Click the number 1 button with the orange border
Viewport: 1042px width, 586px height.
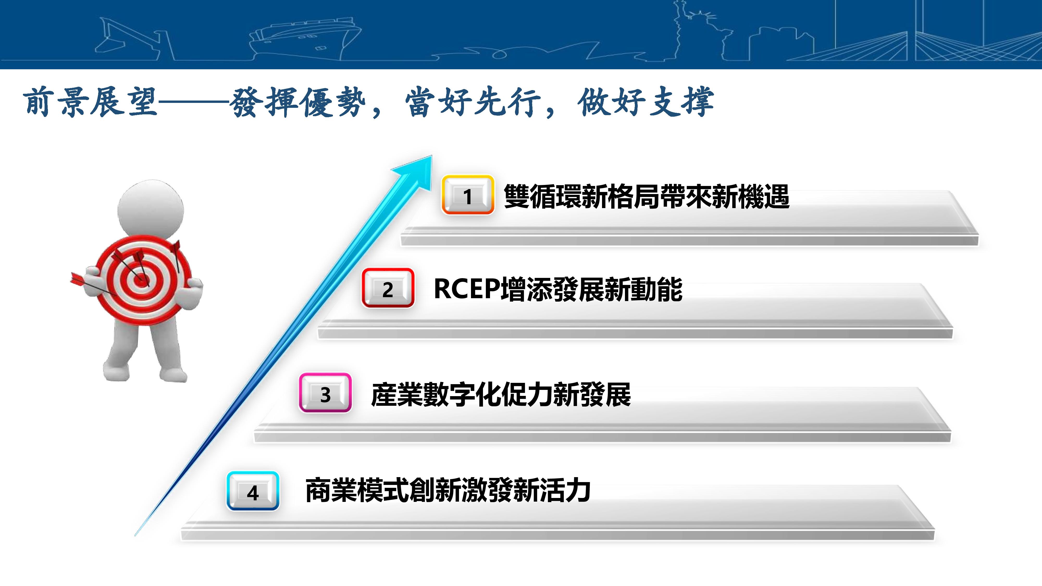(468, 195)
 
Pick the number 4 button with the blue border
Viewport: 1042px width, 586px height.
(253, 491)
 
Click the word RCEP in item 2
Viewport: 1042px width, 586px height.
(467, 289)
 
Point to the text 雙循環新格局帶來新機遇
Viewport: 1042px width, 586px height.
(646, 197)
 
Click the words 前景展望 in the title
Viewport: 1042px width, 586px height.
(90, 102)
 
